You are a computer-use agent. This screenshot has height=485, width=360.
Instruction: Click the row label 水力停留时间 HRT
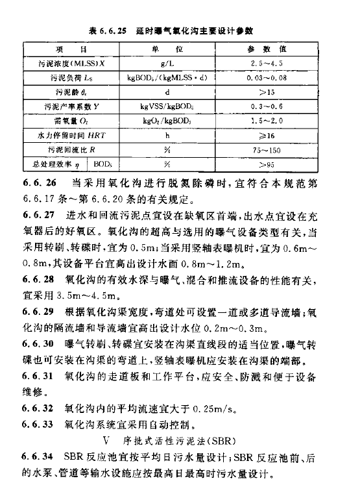[63, 135]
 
